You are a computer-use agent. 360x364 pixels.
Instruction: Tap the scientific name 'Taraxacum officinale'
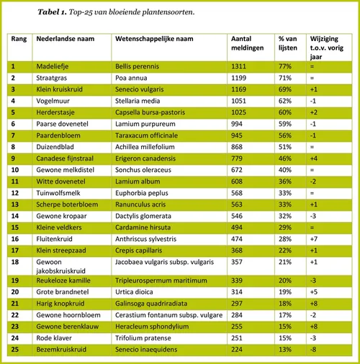click(x=147, y=133)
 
